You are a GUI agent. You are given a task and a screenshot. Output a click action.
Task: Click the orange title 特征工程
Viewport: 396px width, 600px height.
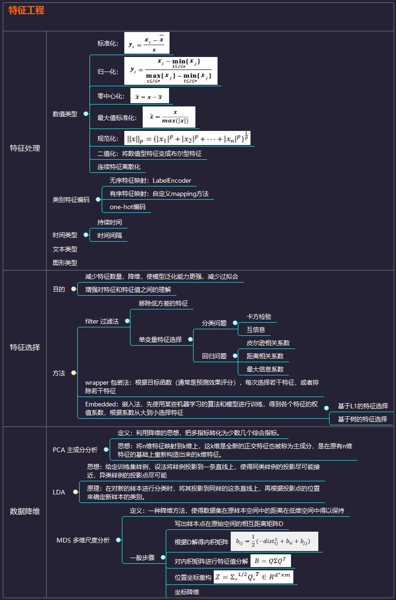pos(26,10)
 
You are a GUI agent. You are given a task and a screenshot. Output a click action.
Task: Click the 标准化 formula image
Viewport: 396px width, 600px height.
pos(146,43)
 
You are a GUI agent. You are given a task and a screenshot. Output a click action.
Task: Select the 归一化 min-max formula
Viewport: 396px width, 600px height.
pos(170,71)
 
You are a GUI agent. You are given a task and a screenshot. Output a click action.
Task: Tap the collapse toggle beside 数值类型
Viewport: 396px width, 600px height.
pos(86,114)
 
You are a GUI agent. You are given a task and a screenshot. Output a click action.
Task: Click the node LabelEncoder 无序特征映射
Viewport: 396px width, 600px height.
pos(150,180)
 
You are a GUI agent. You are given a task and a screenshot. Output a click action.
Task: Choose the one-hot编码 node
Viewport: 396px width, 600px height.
pos(128,207)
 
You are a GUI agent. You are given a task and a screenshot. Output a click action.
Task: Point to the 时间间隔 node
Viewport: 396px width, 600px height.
pos(109,235)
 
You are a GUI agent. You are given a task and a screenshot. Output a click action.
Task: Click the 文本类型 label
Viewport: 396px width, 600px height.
pos(65,249)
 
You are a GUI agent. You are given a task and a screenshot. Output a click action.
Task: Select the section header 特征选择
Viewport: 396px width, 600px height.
pos(25,348)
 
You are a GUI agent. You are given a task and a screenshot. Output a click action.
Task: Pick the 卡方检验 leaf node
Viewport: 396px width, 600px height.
pos(259,316)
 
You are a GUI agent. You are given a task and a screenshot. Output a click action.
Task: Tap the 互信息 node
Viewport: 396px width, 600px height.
pos(256,330)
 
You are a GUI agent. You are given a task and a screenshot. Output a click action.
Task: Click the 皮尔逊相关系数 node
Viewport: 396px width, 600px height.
pos(268,343)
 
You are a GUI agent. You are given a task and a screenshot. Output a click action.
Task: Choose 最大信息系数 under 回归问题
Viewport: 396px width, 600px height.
pos(265,369)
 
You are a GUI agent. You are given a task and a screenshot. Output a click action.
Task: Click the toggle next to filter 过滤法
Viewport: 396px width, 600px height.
pos(127,321)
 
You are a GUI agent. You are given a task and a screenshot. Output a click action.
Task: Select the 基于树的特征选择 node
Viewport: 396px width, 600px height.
pos(363,419)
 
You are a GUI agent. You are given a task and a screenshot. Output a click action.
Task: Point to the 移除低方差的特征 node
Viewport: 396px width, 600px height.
pos(163,303)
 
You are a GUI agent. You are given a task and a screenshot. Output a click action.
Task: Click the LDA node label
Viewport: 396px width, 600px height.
pos(59,492)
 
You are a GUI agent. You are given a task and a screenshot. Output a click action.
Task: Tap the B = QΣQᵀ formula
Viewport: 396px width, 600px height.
pos(273,560)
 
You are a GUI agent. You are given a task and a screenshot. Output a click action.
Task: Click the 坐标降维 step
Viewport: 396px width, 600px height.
pos(187,592)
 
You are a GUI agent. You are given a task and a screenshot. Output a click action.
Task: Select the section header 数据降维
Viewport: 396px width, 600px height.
pos(25,511)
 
